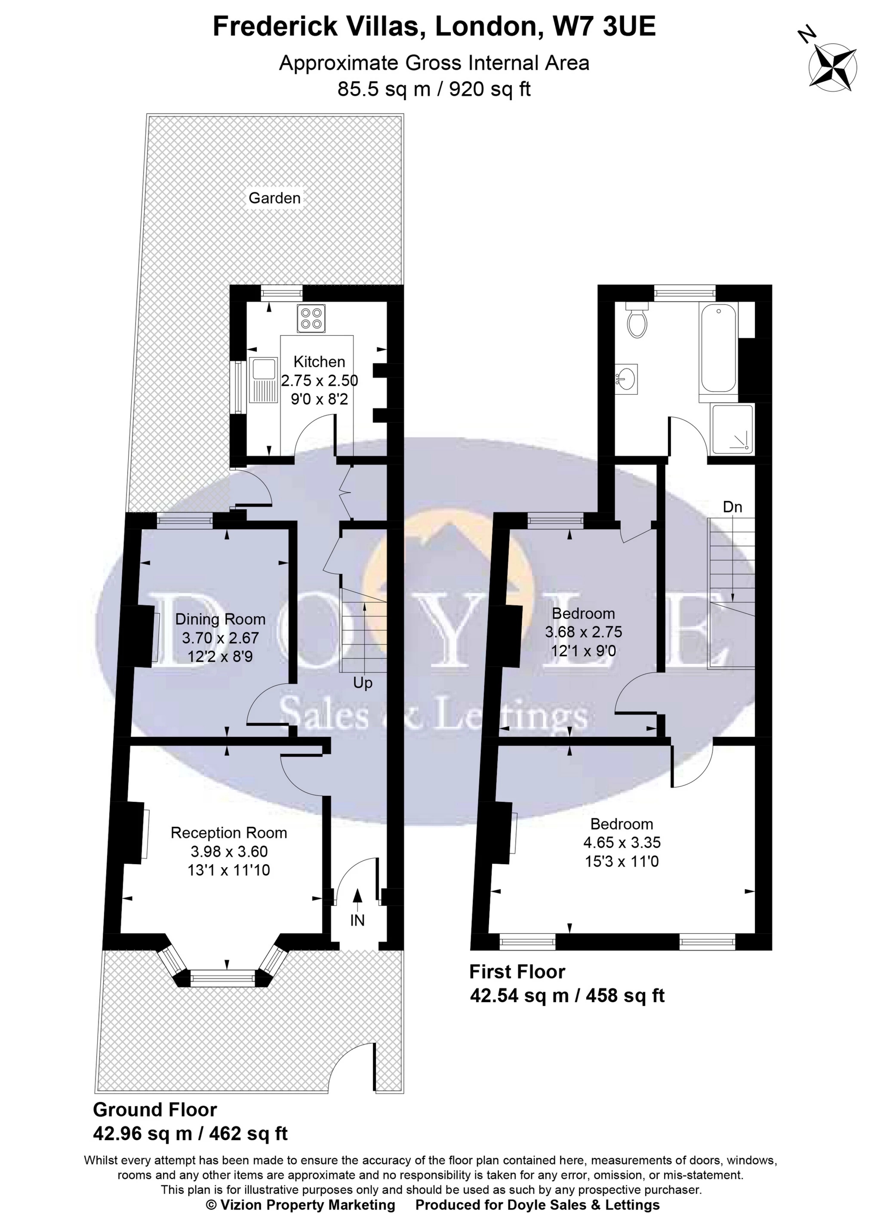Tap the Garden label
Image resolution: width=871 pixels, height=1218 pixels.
coord(274,198)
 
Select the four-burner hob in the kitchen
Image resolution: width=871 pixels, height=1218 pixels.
coord(311,319)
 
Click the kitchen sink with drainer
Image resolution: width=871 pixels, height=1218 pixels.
coord(263,381)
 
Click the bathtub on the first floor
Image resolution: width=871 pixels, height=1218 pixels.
coord(719,348)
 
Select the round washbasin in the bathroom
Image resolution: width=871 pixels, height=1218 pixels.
coord(625,380)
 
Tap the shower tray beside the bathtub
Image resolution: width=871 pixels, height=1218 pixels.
coord(732,429)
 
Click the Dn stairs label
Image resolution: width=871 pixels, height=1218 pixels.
coord(732,506)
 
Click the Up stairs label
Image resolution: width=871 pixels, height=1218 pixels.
coord(363,683)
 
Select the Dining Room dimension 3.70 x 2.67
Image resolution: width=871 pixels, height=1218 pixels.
coord(220,638)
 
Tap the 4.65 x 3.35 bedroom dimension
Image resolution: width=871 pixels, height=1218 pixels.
coord(622,842)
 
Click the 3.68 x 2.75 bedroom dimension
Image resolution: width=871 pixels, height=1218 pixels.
coord(584,632)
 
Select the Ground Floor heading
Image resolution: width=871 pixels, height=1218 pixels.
coord(155,1109)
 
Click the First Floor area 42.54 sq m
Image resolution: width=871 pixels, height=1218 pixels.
coord(519,996)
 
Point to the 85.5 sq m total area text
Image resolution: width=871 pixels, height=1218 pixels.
coord(384,89)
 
